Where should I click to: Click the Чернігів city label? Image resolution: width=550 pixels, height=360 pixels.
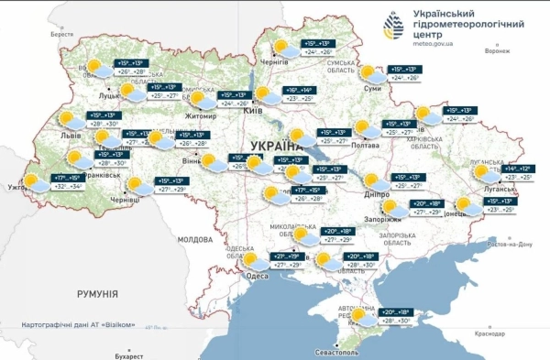pos(274,61)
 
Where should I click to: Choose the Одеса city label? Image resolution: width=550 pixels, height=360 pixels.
pos(258,276)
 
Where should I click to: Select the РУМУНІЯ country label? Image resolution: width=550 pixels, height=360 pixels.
pos(95,293)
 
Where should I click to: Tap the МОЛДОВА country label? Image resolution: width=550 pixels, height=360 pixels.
pos(194,239)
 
